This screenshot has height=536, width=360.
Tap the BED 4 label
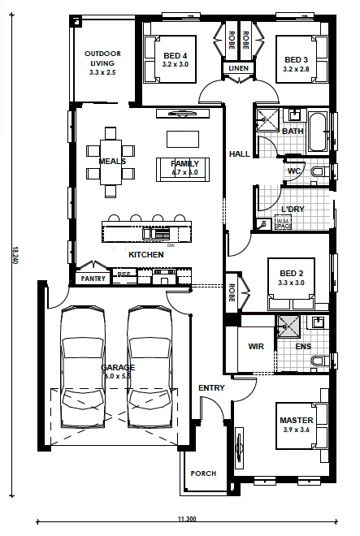[175, 58]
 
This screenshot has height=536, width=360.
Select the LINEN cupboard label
[237, 68]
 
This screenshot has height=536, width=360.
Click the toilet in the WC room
[319, 173]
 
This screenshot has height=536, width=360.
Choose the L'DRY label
[292, 209]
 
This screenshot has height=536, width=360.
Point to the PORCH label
[202, 473]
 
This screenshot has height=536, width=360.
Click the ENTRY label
[211, 388]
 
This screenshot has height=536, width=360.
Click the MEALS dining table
[111, 161]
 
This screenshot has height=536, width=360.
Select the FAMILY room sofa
[184, 168]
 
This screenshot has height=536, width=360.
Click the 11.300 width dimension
[187, 518]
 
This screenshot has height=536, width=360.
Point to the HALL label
[239, 153]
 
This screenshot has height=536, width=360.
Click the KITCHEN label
[146, 255]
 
